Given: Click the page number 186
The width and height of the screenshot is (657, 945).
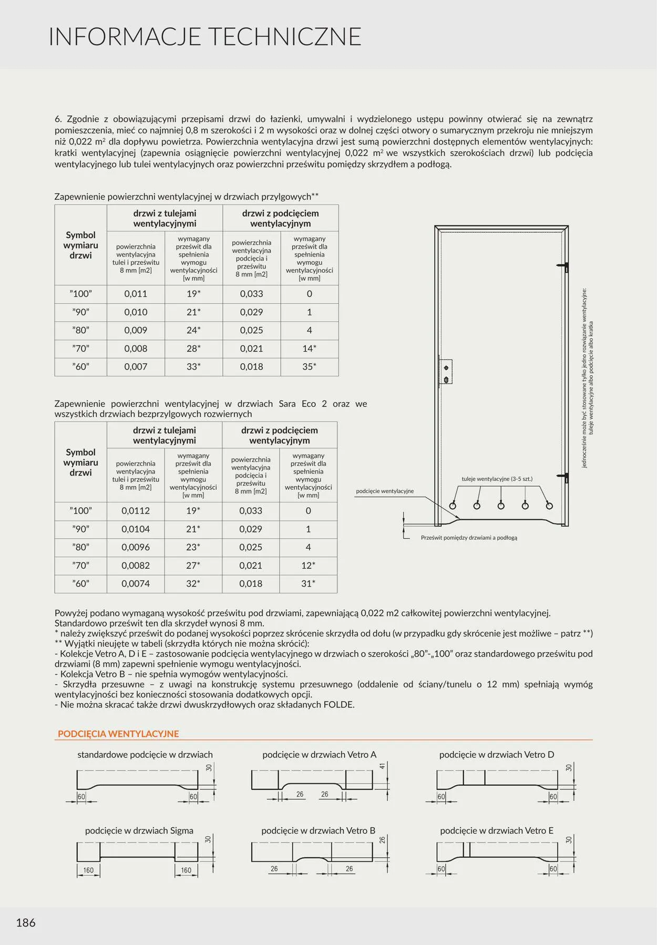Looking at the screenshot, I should click(x=26, y=922).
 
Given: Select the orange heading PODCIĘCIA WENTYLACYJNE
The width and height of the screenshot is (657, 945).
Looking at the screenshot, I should click(x=118, y=734).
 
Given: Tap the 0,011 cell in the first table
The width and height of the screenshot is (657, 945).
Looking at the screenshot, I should click(x=136, y=294).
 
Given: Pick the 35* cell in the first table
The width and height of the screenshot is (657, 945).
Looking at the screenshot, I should click(x=310, y=367).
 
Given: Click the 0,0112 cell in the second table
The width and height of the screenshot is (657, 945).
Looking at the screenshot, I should click(x=136, y=511).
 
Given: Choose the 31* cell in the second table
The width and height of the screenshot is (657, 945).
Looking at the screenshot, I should click(x=309, y=583).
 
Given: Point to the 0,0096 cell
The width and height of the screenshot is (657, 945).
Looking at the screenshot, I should click(x=136, y=547).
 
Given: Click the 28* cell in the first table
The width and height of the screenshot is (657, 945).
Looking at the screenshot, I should click(x=193, y=348).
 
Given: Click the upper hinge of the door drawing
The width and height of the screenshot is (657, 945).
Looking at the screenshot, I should click(x=566, y=267).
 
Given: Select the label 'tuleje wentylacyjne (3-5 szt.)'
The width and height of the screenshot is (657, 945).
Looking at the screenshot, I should click(x=497, y=479).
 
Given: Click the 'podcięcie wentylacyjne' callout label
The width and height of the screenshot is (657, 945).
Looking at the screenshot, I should click(x=385, y=491).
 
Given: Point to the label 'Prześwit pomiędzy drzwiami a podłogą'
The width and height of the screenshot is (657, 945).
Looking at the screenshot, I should click(x=469, y=538).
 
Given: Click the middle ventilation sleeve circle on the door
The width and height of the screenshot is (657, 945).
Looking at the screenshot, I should click(x=501, y=506).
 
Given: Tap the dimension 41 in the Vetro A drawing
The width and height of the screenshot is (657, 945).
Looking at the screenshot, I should click(x=383, y=766).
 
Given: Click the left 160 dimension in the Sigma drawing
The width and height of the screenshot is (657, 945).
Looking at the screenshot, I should click(x=88, y=870).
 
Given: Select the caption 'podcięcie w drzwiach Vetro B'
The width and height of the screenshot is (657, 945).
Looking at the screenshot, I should click(x=319, y=830).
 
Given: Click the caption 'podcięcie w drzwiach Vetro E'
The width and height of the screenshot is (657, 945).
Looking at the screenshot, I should click(x=497, y=830).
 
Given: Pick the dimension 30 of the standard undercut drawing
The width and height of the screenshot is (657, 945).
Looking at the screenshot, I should click(x=209, y=767).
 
